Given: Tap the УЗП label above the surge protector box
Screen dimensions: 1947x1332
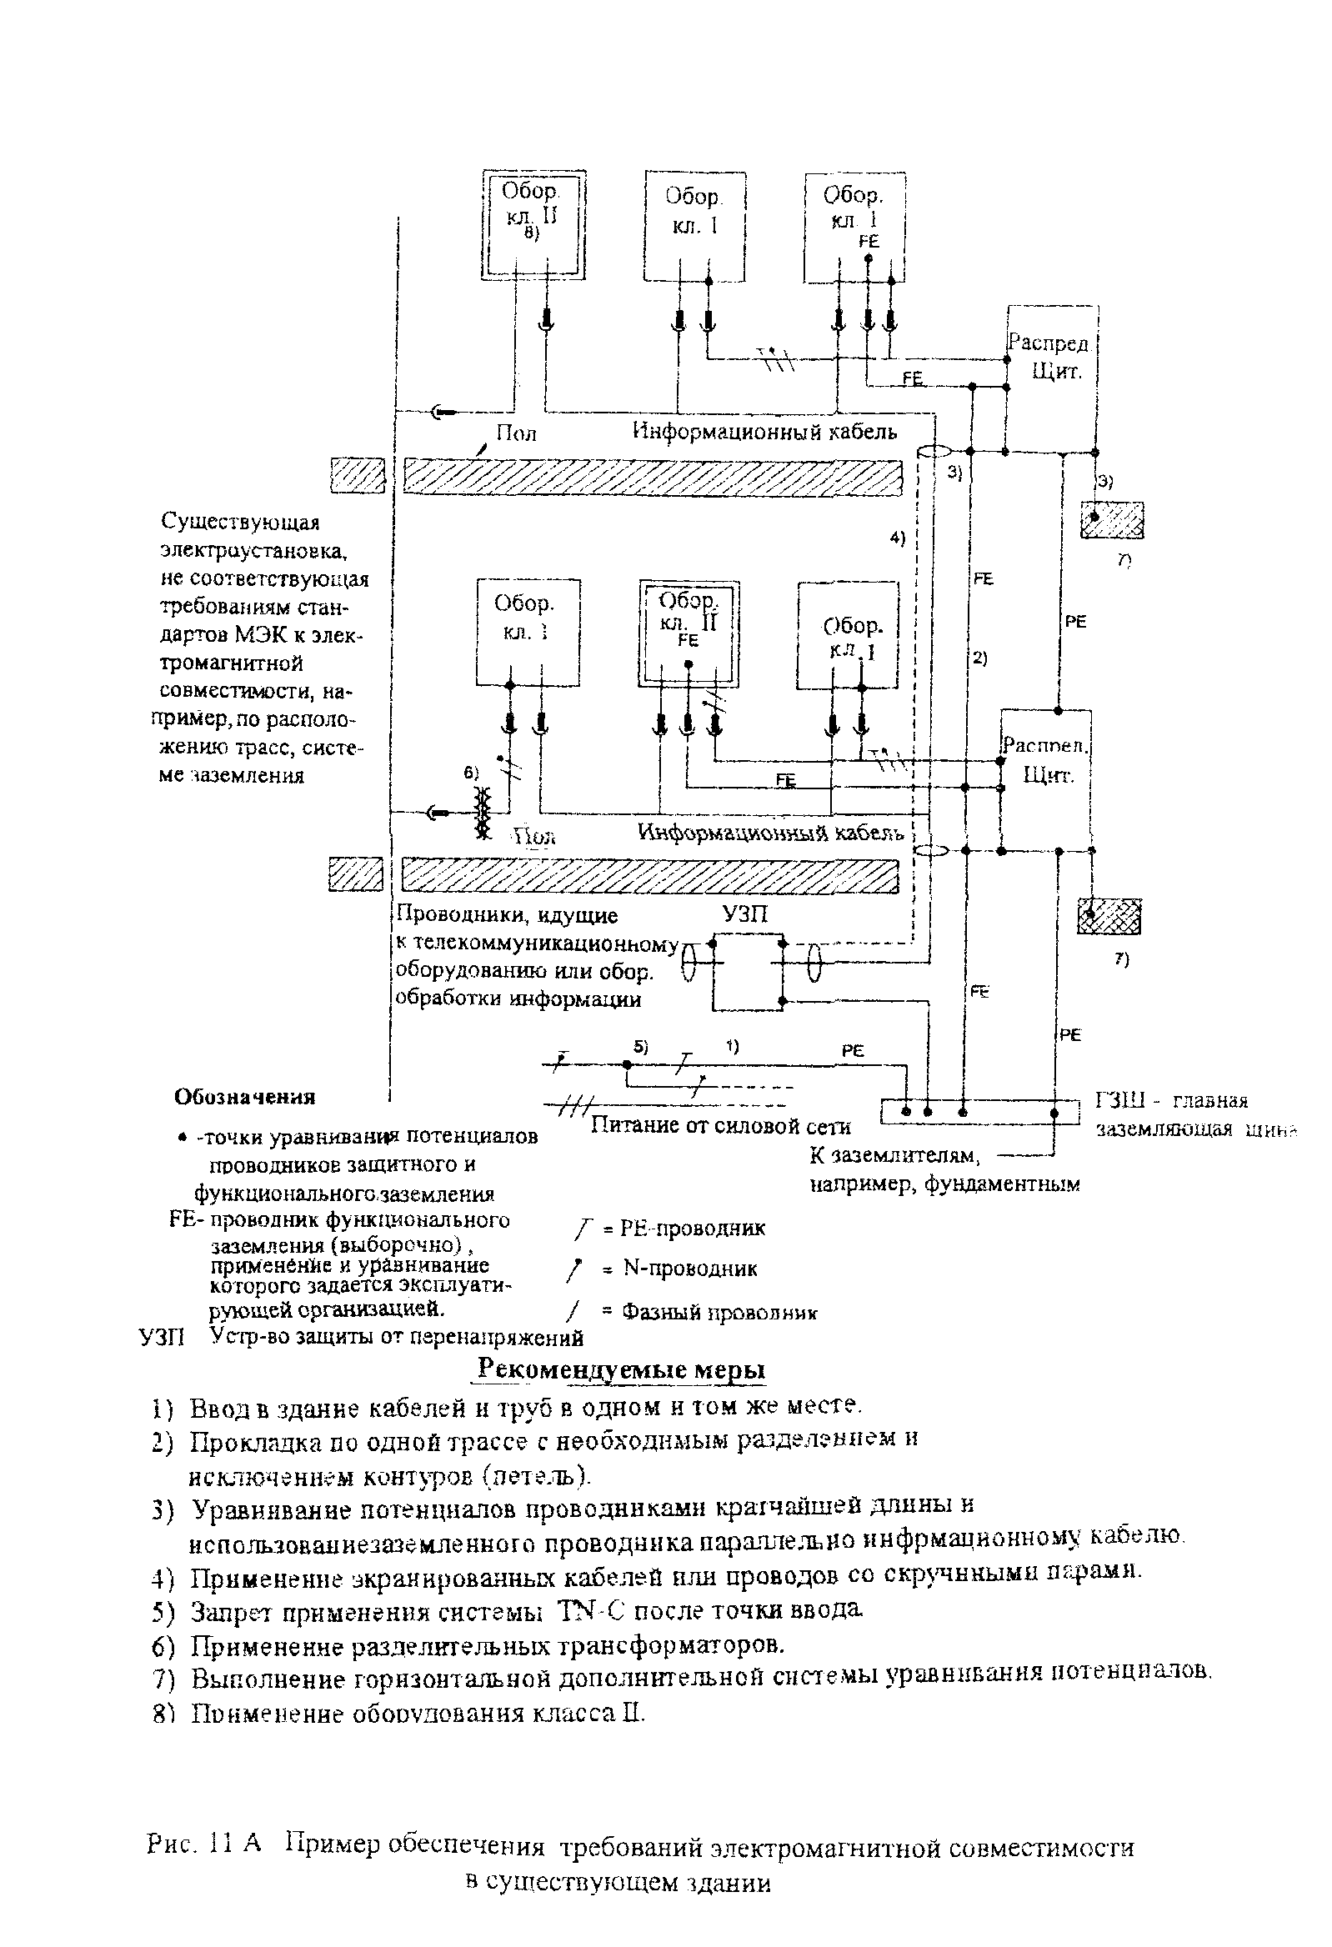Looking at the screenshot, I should tap(744, 914).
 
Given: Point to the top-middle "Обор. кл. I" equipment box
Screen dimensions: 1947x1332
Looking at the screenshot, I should tap(694, 225).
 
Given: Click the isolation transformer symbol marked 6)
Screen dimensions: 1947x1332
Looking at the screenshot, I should tap(482, 812).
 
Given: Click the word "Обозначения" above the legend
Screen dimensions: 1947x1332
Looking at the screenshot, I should tap(244, 1097).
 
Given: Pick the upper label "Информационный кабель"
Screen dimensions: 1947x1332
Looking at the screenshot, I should tap(764, 432).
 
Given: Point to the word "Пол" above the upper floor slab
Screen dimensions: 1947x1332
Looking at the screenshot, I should tap(516, 433).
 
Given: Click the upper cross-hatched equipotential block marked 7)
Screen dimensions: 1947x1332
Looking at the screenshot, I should tap(1112, 519).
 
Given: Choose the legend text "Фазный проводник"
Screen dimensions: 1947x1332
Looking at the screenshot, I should tap(719, 1312).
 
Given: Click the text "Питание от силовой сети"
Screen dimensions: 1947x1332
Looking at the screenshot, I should tap(719, 1126).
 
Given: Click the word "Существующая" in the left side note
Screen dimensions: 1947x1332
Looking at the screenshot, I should tap(240, 522).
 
